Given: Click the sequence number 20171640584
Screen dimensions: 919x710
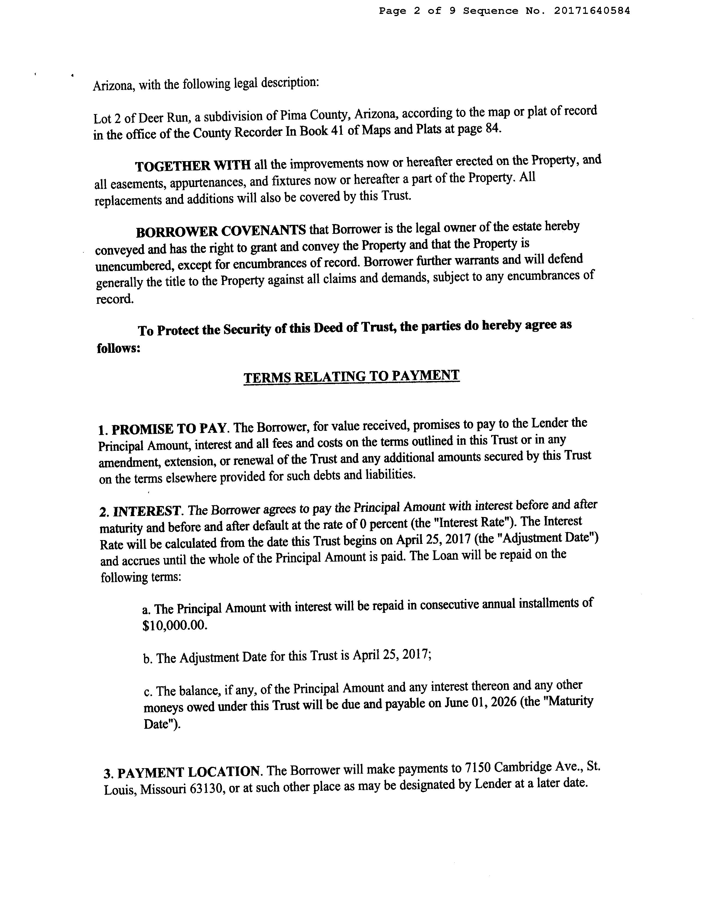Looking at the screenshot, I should pyautogui.click(x=592, y=11).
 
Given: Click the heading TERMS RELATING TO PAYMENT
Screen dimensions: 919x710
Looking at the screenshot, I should pyautogui.click(x=351, y=376).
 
